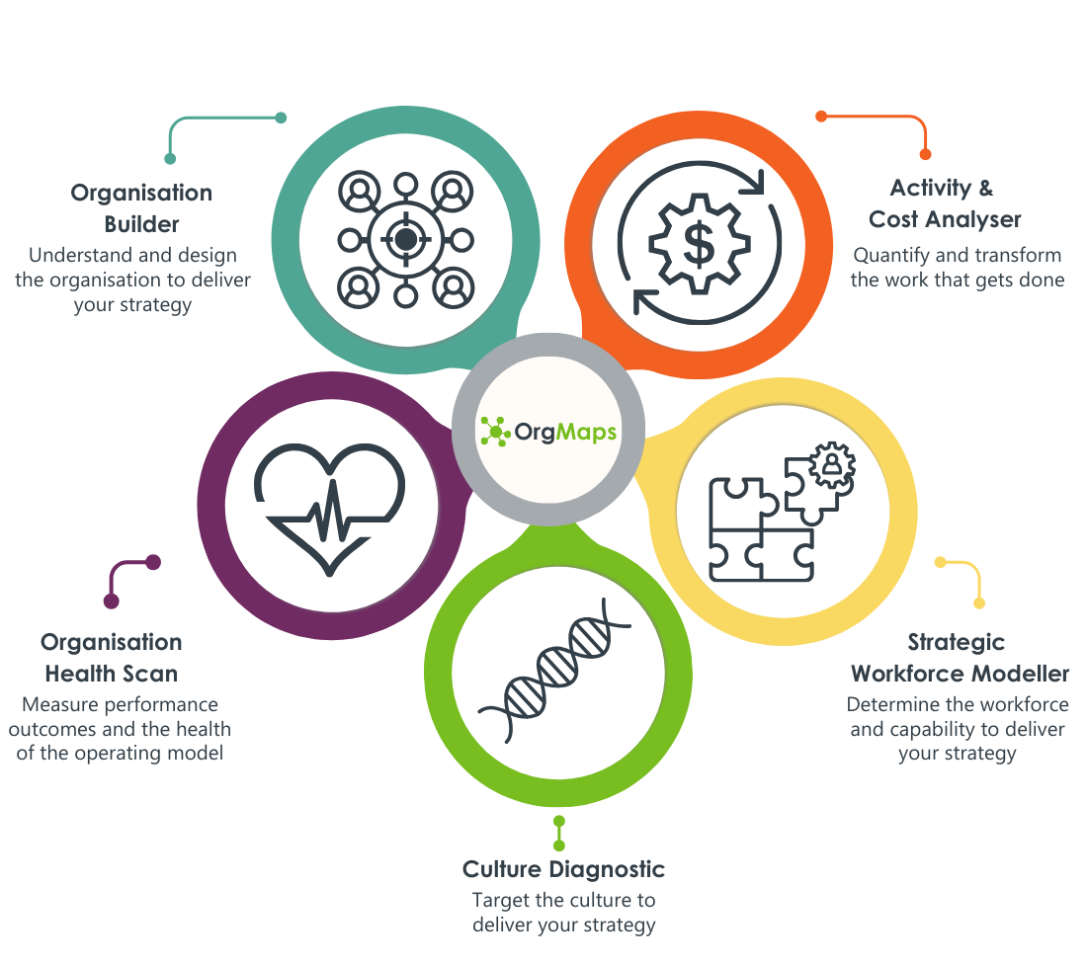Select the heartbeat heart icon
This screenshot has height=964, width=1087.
pos(330,505)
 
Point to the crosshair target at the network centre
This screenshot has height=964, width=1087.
pos(403,238)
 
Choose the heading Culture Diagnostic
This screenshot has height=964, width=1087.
pos(563,870)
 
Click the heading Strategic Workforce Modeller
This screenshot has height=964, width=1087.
pos(959,658)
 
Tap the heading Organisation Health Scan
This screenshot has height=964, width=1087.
pos(112,658)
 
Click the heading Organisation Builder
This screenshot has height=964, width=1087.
pos(141,207)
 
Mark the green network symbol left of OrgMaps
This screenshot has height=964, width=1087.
pos(494,432)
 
